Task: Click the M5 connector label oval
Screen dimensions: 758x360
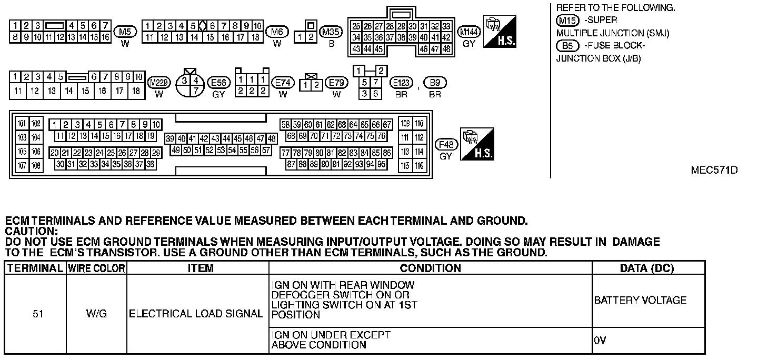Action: click(x=125, y=32)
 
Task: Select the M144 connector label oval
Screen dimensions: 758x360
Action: click(x=469, y=32)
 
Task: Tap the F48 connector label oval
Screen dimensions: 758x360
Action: click(x=446, y=144)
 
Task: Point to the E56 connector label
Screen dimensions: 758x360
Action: click(x=218, y=83)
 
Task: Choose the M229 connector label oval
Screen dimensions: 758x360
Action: click(x=158, y=83)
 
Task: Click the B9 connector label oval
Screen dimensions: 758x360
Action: click(x=435, y=83)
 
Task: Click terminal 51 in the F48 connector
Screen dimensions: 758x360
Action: click(x=198, y=150)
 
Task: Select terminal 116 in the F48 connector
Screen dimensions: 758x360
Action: click(x=419, y=166)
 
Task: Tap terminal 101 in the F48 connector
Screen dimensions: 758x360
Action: click(x=22, y=124)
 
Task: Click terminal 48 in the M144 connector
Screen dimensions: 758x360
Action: click(x=446, y=49)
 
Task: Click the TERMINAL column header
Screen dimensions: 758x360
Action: click(x=35, y=268)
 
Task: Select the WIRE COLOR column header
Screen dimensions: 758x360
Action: click(x=96, y=268)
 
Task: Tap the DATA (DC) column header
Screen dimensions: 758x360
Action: click(x=648, y=268)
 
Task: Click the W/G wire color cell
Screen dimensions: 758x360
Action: click(x=96, y=314)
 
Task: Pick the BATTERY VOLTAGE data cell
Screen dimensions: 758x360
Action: click(x=640, y=301)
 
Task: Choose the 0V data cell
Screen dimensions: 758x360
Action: click(x=600, y=341)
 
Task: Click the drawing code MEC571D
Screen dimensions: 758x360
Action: click(x=714, y=171)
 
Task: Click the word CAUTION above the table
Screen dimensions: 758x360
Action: click(x=30, y=231)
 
